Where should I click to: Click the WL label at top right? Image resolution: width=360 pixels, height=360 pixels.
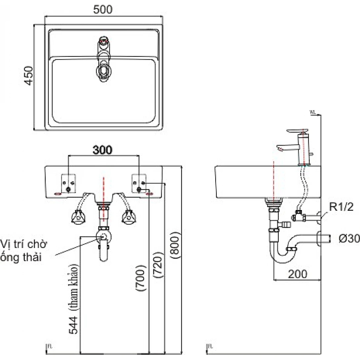[x=313, y=113]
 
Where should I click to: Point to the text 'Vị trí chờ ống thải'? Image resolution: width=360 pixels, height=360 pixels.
[x=24, y=250]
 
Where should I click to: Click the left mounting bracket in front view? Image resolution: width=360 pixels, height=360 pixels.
[x=69, y=183]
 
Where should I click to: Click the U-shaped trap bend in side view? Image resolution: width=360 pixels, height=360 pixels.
[x=280, y=256]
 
